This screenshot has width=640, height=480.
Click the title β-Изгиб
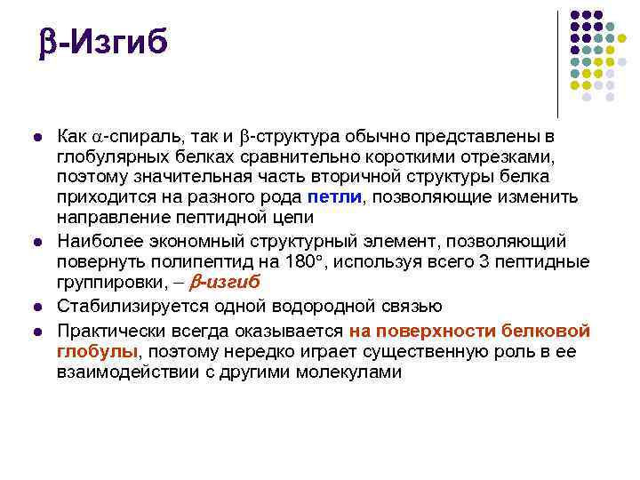pyautogui.click(x=103, y=42)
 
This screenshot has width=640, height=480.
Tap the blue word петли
pyautogui.click(x=335, y=196)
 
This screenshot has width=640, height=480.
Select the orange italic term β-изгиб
pyautogui.click(x=225, y=282)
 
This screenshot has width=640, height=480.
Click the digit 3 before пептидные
pyautogui.click(x=484, y=261)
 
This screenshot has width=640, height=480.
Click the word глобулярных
pyautogui.click(x=113, y=157)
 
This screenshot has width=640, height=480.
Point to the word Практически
pyautogui.click(x=111, y=331)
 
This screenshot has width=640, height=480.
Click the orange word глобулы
pyautogui.click(x=97, y=351)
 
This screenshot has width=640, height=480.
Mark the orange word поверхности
pyautogui.click(x=435, y=331)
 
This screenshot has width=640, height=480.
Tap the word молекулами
pyautogui.click(x=348, y=372)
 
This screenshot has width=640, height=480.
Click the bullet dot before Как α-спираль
pyautogui.click(x=37, y=137)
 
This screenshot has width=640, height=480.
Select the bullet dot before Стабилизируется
pyautogui.click(x=37, y=308)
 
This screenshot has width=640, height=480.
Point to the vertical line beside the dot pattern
pyautogui.click(x=558, y=65)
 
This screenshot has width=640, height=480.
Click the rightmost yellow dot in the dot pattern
pyautogui.click(x=621, y=38)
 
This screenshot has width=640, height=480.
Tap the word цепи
pyautogui.click(x=293, y=218)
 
